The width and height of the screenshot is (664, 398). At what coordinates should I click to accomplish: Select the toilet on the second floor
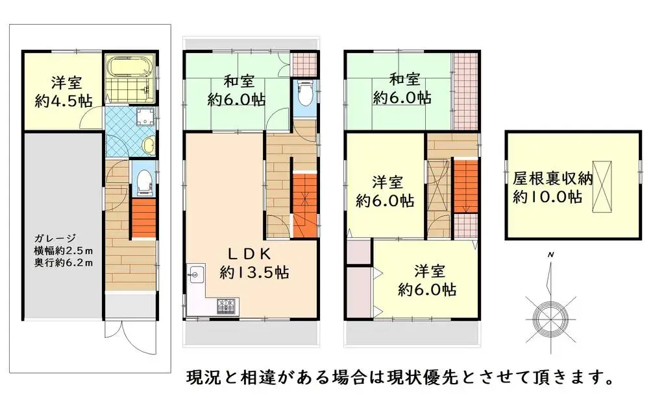tap(304, 94)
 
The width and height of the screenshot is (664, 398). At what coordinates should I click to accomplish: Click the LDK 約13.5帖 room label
tap(250, 263)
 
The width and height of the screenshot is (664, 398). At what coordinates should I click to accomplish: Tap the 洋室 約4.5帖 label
tap(62, 91)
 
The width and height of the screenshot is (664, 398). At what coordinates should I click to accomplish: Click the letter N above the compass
tap(550, 254)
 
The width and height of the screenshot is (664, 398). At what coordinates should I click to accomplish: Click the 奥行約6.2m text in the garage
tap(64, 263)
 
